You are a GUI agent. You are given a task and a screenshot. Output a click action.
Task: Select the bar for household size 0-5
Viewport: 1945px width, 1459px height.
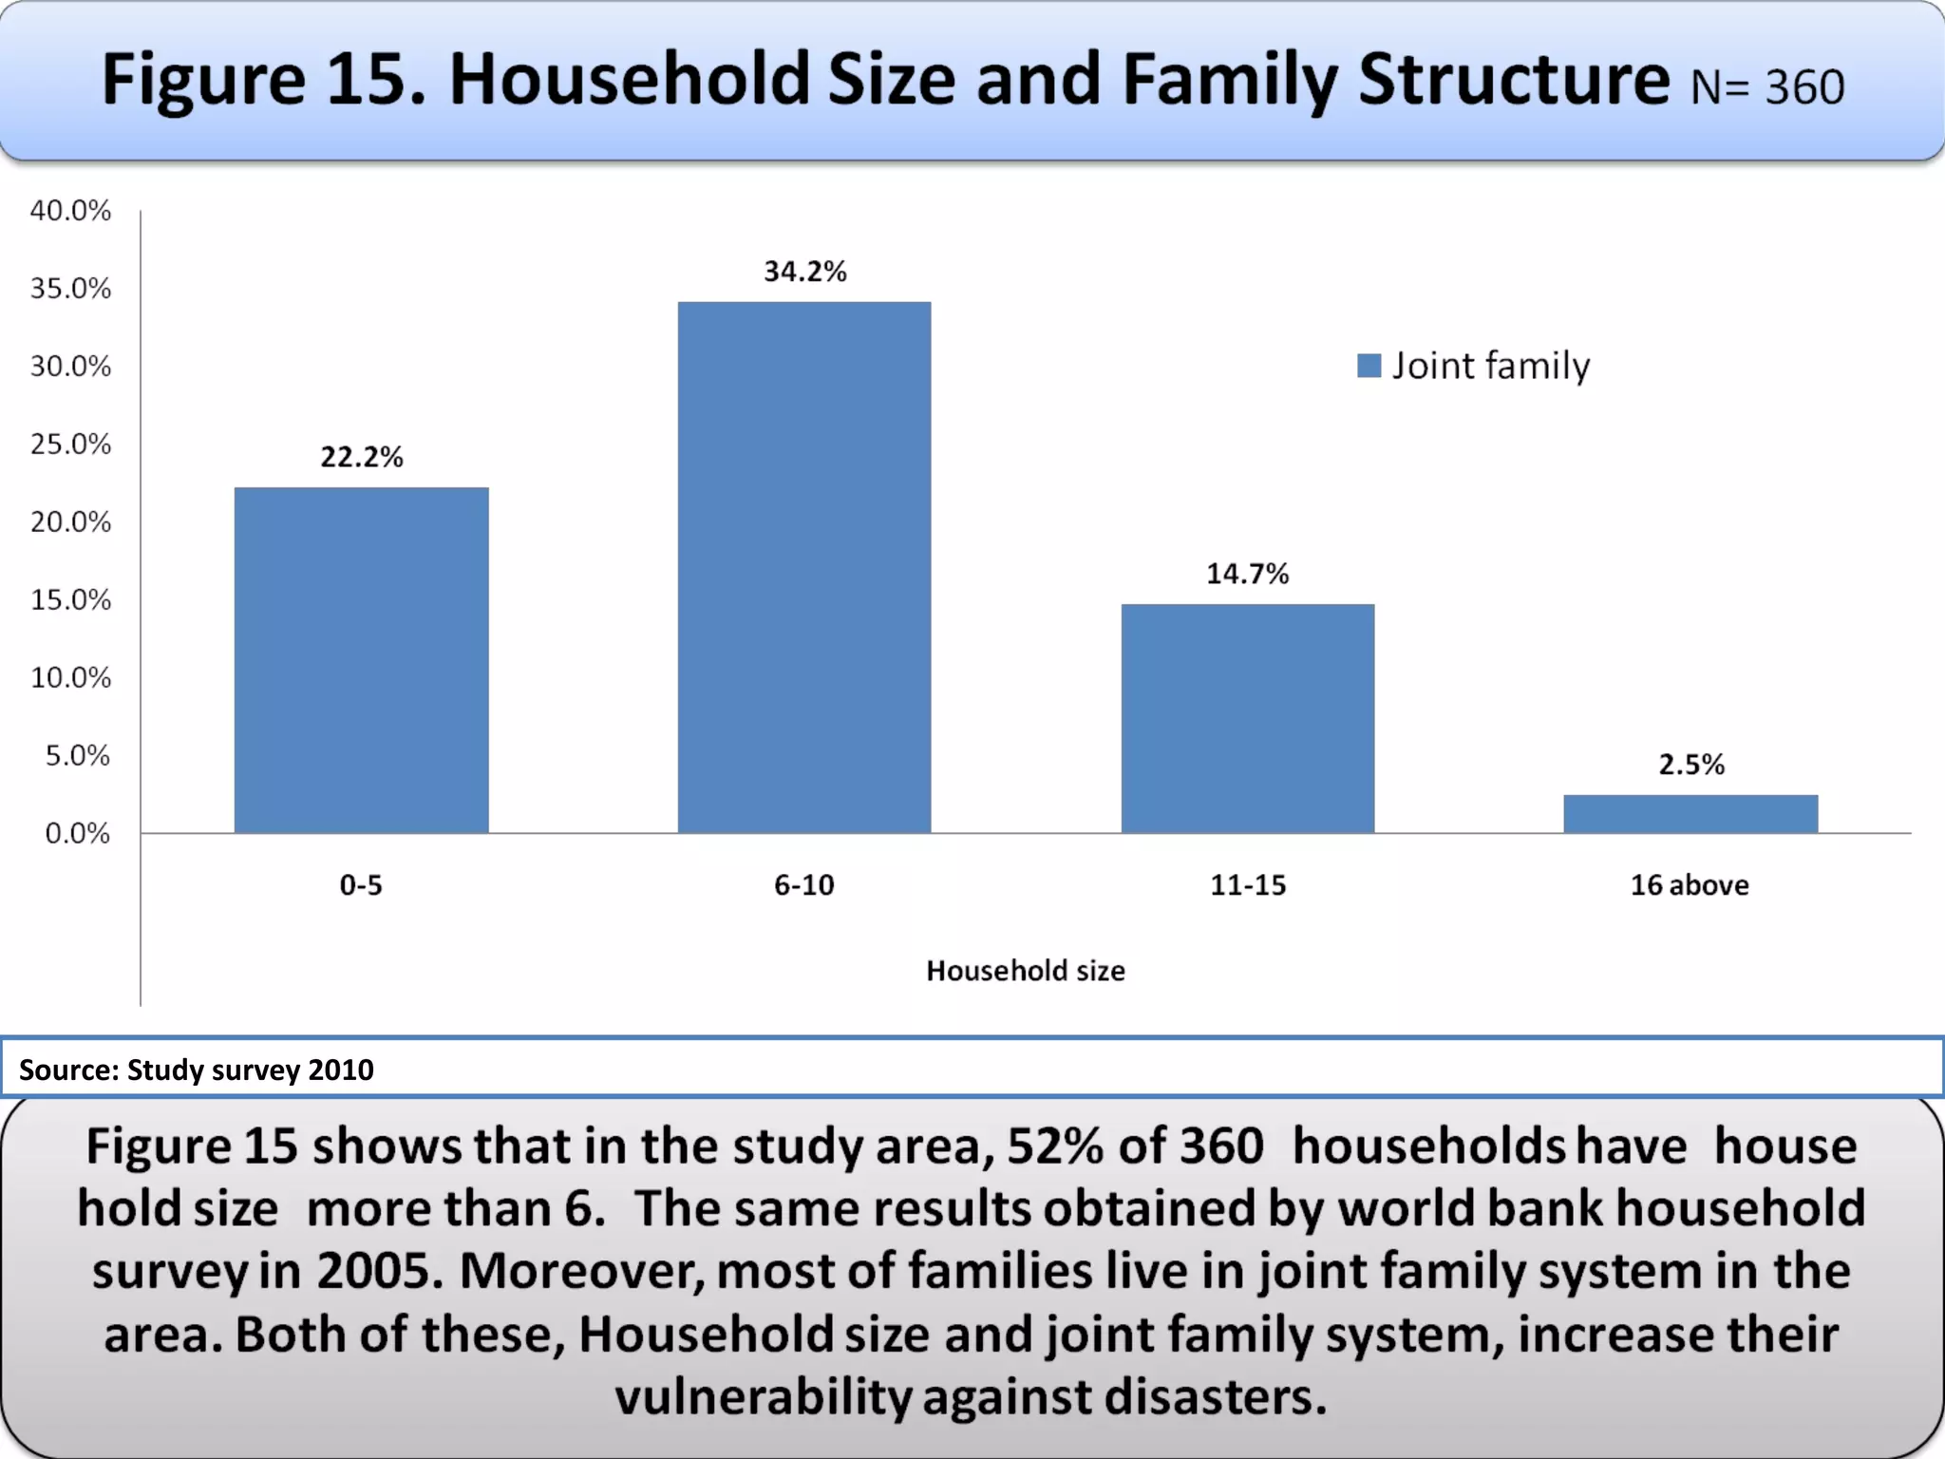[x=361, y=660]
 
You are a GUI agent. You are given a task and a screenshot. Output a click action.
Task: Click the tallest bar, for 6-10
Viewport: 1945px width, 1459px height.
[x=804, y=567]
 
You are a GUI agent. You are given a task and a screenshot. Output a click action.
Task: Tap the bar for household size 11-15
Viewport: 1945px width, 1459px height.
[x=1247, y=718]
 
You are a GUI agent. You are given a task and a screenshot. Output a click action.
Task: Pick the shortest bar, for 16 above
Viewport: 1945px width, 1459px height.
[x=1690, y=814]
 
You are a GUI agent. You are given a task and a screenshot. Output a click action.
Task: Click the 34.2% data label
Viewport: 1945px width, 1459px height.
[x=805, y=272]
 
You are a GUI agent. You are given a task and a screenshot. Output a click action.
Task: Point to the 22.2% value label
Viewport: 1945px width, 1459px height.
[x=362, y=458]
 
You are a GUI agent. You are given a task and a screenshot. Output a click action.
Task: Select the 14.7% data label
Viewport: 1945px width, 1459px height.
[x=1248, y=574]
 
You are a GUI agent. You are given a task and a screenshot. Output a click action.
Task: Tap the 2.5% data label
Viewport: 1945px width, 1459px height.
[x=1691, y=765]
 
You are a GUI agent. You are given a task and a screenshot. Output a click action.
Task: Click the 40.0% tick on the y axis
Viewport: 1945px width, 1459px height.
[x=70, y=210]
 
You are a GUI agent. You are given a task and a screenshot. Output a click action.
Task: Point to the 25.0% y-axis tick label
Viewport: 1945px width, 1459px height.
[x=70, y=444]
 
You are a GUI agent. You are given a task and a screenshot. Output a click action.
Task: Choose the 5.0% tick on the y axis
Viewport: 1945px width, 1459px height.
[x=78, y=755]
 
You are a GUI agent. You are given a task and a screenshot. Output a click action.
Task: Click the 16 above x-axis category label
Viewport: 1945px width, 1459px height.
[x=1690, y=885]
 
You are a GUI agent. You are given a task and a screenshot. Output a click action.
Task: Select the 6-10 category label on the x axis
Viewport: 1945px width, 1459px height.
[x=804, y=885]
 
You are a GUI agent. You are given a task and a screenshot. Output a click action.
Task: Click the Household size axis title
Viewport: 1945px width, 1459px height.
[x=1026, y=971]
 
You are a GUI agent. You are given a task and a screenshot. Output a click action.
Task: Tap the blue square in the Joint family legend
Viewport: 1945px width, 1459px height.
[x=1369, y=366]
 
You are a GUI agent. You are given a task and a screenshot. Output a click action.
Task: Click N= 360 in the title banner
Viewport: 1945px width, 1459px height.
[x=1767, y=87]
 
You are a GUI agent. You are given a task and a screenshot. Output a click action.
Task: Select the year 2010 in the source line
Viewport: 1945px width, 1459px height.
[x=341, y=1071]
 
